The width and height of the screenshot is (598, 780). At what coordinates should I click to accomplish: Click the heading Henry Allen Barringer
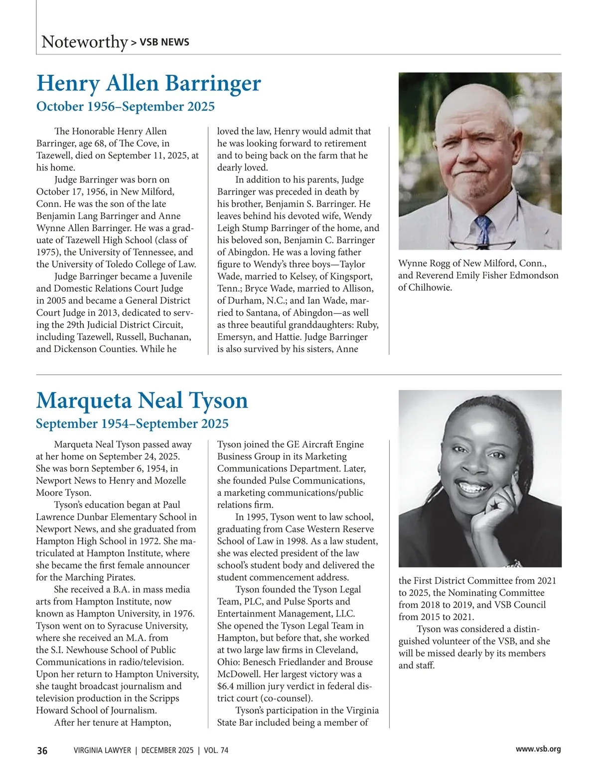click(149, 83)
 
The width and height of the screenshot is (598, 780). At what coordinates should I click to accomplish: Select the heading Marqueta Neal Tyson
click(142, 400)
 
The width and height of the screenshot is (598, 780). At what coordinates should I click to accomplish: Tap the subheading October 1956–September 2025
click(126, 106)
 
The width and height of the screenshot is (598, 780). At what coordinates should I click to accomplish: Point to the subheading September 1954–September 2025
click(132, 423)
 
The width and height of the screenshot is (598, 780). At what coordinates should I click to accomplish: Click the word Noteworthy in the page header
click(84, 41)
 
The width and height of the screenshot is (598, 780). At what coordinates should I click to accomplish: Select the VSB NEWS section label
click(164, 42)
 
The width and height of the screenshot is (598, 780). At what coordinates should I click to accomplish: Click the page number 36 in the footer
click(42, 751)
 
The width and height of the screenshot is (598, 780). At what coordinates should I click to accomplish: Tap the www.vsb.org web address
click(538, 749)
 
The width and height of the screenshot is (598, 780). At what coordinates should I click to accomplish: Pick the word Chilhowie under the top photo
click(430, 287)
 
